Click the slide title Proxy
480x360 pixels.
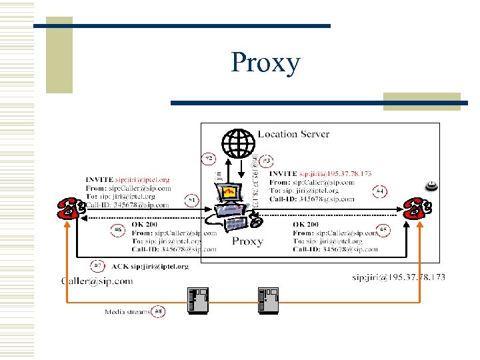pos(265,63)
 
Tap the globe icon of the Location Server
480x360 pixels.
pos(239,142)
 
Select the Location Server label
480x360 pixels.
pos(293,134)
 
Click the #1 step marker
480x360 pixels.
pos(192,199)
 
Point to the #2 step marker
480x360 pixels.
pos(209,159)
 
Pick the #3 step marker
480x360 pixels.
pos(267,161)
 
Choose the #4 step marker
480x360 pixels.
pos(379,192)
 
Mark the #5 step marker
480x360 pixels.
pos(383,231)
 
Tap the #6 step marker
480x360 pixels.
pos(118,231)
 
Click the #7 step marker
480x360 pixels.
pos(98,266)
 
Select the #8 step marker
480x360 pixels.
pos(158,311)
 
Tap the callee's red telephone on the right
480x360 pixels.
pos(417,209)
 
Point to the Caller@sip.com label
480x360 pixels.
pos(97,281)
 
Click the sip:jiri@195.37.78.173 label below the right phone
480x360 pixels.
pos(399,277)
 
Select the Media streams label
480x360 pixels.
pos(127,311)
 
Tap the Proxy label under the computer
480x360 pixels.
pos(247,241)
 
